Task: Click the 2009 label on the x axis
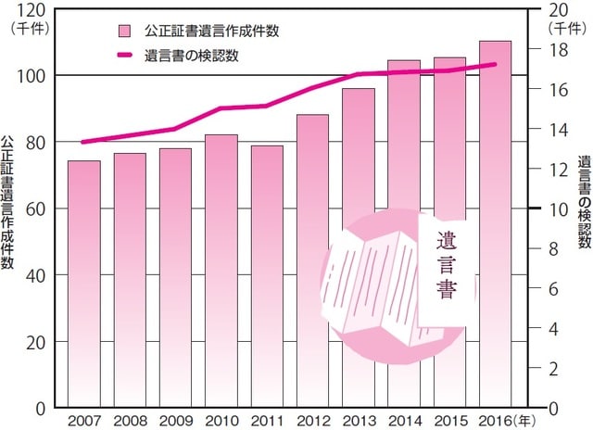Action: point(175,419)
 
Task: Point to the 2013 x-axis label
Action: point(358,419)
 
